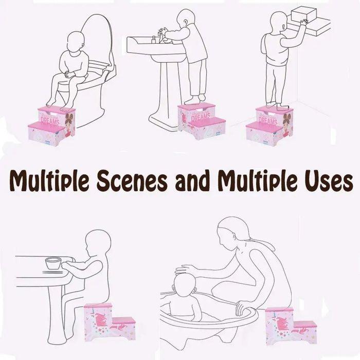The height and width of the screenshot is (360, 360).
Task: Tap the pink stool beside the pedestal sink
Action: (x=201, y=121)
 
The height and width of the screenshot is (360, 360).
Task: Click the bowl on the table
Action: (x=53, y=263)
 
